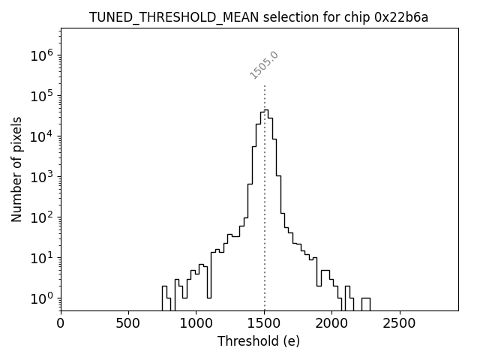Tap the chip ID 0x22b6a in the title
401,17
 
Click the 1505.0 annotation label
264,65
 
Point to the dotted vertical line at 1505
265,195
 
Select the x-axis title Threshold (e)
259,341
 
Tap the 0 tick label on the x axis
61,324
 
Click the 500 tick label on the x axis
128,324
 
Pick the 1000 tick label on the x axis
196,324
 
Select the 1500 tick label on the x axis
264,324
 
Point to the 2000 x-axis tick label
331,324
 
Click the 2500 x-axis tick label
399,324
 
